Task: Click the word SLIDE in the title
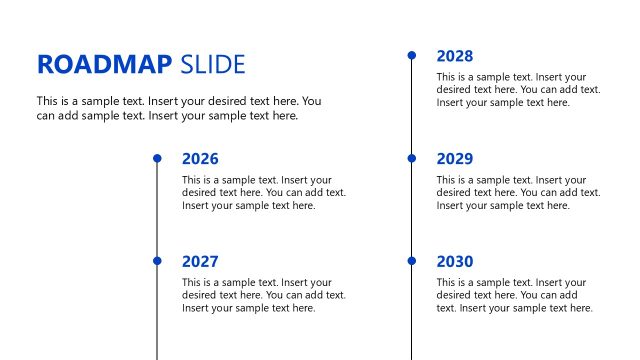click(x=213, y=65)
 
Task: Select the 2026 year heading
click(x=200, y=159)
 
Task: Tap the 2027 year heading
click(x=200, y=262)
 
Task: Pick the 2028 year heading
click(x=455, y=56)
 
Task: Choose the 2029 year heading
click(x=455, y=159)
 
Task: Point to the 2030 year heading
click(x=455, y=262)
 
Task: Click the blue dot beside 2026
click(x=157, y=158)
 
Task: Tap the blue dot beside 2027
click(x=157, y=261)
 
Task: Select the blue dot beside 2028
click(x=412, y=55)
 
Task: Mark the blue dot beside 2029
click(x=412, y=158)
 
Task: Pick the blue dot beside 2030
click(x=412, y=261)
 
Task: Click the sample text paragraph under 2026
click(x=264, y=193)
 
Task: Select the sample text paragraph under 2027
click(x=264, y=295)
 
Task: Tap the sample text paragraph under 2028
click(x=518, y=90)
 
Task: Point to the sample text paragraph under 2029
click(x=518, y=193)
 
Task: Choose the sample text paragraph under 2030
click(x=515, y=295)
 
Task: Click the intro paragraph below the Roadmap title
click(x=179, y=108)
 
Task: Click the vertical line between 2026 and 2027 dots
click(x=157, y=210)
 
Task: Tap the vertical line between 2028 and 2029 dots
click(x=412, y=107)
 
